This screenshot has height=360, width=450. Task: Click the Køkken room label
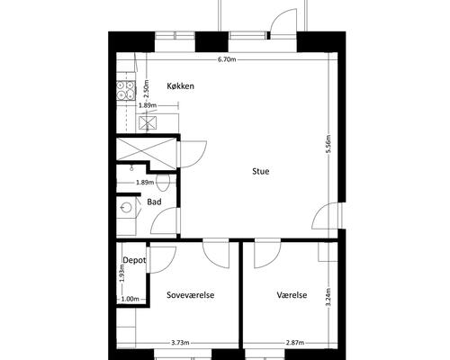pyautogui.click(x=180, y=86)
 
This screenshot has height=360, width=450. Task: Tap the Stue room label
pyautogui.click(x=261, y=171)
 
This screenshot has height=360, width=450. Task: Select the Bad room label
pyautogui.click(x=154, y=202)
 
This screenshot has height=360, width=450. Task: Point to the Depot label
pyautogui.click(x=134, y=260)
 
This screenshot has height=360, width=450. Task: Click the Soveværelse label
pyautogui.click(x=191, y=295)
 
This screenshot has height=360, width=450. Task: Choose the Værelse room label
pyautogui.click(x=292, y=295)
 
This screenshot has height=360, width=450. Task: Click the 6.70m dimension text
pyautogui.click(x=227, y=59)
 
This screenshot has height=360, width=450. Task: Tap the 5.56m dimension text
pyautogui.click(x=328, y=144)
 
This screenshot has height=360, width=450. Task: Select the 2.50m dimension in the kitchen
pyautogui.click(x=146, y=88)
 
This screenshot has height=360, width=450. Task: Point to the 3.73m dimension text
pyautogui.click(x=180, y=343)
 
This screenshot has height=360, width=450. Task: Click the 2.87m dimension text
pyautogui.click(x=295, y=343)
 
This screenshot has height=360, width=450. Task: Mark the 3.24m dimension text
pyautogui.click(x=328, y=297)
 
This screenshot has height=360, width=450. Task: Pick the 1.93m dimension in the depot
pyautogui.click(x=122, y=274)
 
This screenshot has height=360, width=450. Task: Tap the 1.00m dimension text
pyautogui.click(x=130, y=299)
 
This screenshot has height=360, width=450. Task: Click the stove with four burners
pyautogui.click(x=125, y=90)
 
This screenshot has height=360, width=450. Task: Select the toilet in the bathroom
pyautogui.click(x=163, y=183)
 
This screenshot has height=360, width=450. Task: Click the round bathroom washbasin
pyautogui.click(x=126, y=207)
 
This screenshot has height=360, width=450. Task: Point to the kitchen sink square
pyautogui.click(x=148, y=123)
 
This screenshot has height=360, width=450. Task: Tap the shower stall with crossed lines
pyautogui.click(x=147, y=149)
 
